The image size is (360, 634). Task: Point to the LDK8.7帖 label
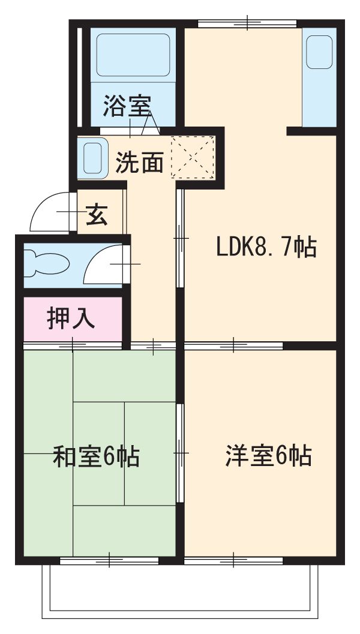266,247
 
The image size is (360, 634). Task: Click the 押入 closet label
71,318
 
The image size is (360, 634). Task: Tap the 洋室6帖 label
268,456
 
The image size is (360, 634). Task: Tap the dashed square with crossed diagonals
193,157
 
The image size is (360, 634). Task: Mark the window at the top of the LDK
247,24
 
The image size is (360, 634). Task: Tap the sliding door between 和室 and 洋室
180,453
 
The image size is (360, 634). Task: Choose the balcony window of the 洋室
233,560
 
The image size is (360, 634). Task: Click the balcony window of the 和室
109,560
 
